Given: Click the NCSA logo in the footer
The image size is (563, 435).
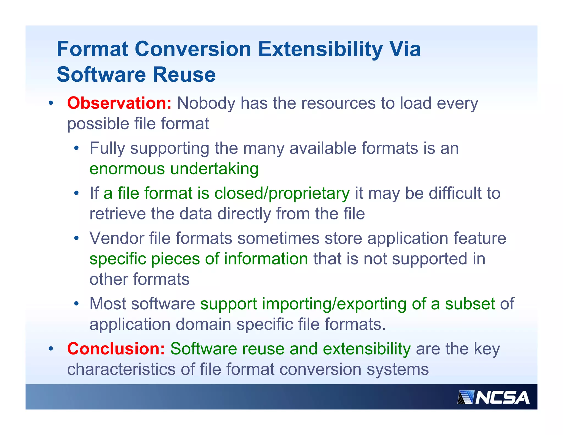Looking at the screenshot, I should [x=493, y=398].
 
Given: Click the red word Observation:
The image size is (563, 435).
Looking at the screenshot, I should [x=119, y=103].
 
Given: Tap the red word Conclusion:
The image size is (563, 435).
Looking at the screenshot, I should [x=116, y=349].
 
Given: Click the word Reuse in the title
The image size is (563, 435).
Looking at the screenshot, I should [x=184, y=75].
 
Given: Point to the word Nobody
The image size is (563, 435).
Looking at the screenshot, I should [x=206, y=103].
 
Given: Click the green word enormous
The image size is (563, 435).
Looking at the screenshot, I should [x=127, y=169].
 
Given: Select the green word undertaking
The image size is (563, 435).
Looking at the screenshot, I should [x=214, y=169].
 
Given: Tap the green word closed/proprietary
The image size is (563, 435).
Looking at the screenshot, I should [x=282, y=194].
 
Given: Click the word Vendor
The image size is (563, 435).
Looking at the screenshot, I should [x=117, y=238].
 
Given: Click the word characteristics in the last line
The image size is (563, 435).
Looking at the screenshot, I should [x=121, y=369].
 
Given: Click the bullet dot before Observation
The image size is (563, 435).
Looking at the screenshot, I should [x=51, y=104].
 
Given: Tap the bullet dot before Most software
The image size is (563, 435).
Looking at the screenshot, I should [x=76, y=304].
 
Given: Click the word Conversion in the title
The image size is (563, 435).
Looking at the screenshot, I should [x=193, y=49].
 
